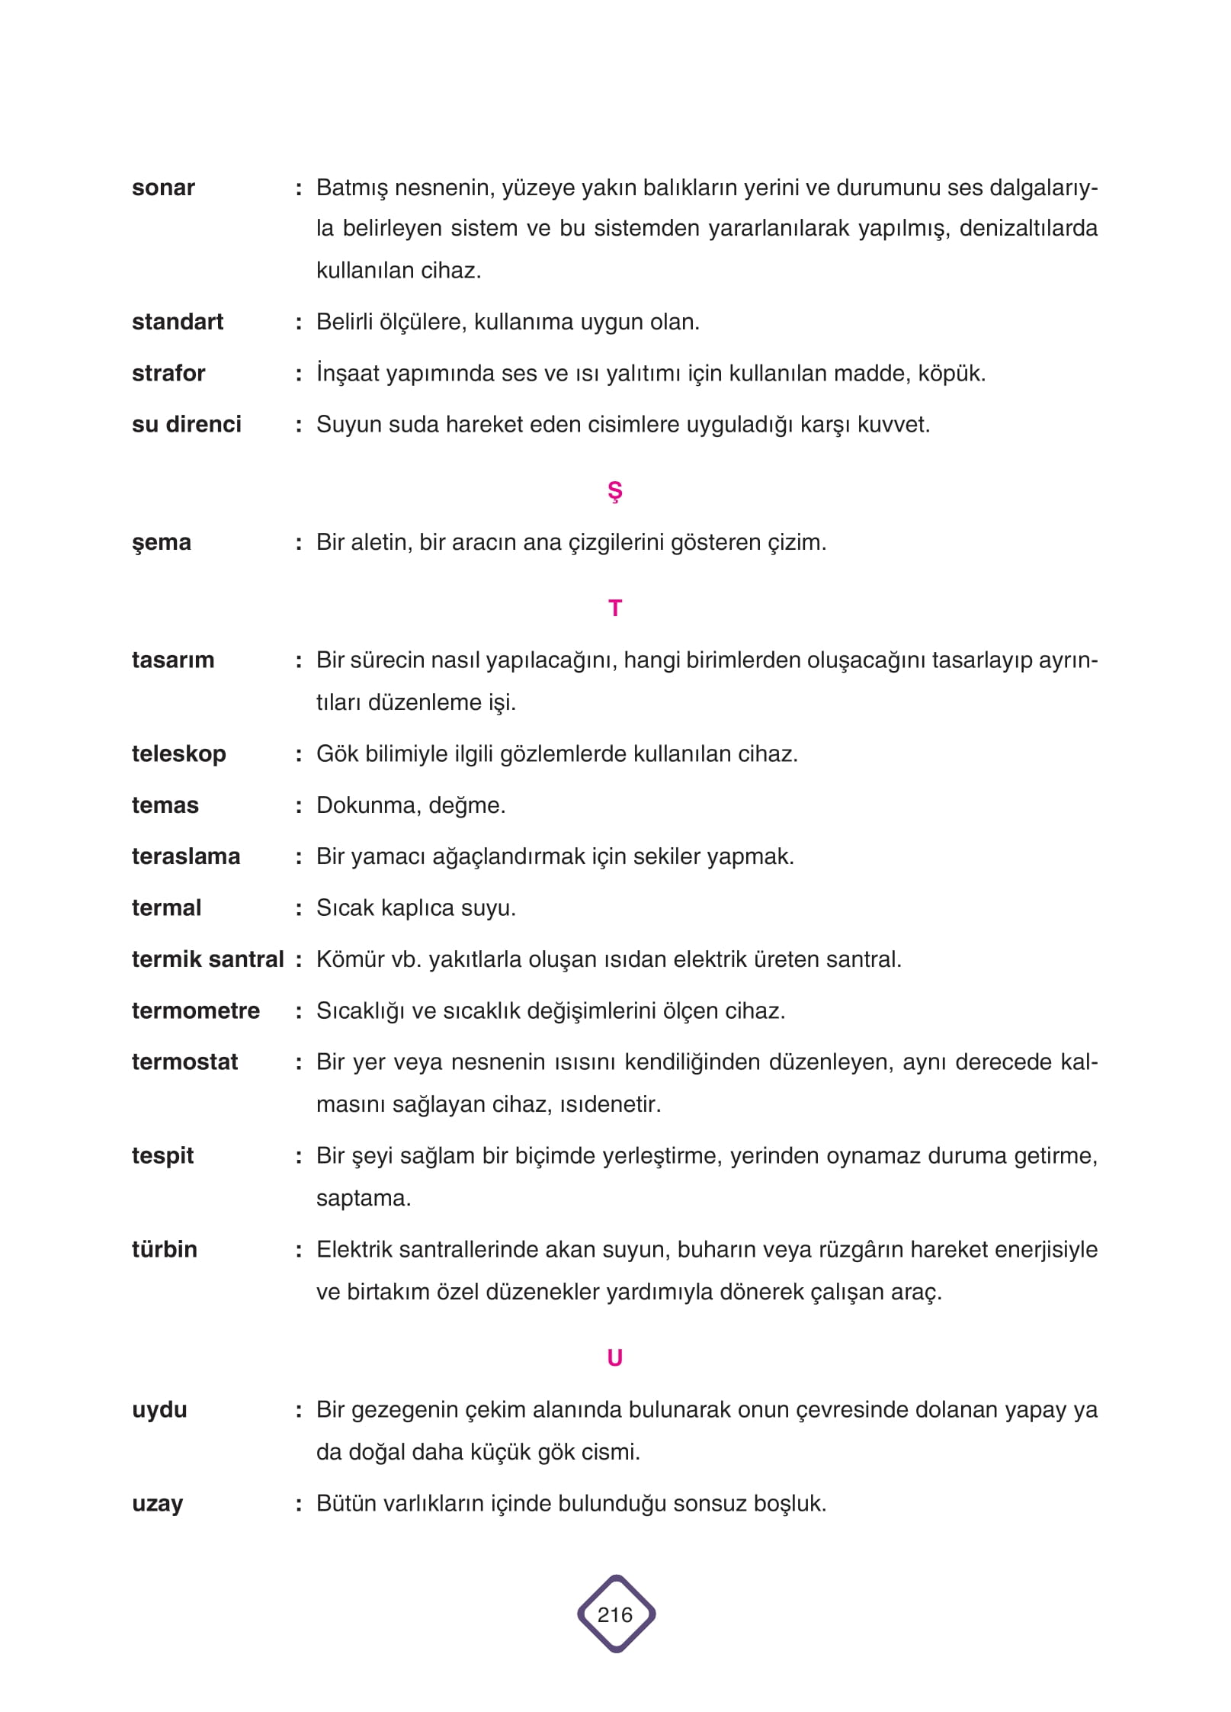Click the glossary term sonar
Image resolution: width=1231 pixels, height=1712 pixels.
pos(163,188)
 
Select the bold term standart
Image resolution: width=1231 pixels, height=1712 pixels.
pos(178,322)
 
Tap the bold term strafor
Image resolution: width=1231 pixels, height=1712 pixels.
pos(168,374)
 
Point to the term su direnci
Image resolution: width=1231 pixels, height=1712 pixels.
pos(187,425)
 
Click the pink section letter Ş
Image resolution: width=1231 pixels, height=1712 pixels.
pos(615,492)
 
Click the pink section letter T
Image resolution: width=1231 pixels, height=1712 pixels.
pos(615,609)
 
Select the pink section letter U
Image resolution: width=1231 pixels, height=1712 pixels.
pos(615,1358)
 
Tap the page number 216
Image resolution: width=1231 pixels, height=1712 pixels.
pos(615,1614)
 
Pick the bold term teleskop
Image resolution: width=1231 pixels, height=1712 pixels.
pos(179,754)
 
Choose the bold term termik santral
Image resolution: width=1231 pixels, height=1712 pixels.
pos(207,959)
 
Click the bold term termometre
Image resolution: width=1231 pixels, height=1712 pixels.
pos(196,1011)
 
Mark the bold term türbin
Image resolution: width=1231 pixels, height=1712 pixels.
pos(165,1250)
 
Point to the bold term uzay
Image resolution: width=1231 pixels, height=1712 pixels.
pos(158,1504)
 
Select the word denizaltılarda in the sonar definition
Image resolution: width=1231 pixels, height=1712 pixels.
pos(1028,229)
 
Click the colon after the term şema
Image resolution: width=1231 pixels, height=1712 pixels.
pos(299,543)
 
